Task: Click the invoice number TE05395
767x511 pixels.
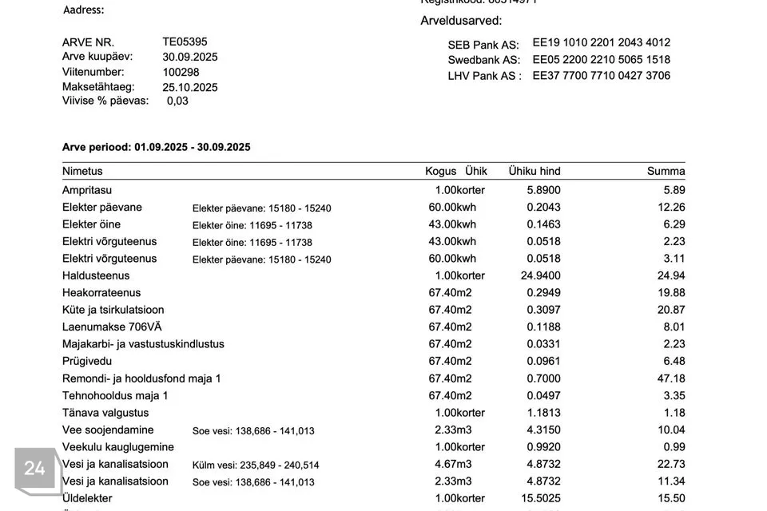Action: tap(185, 42)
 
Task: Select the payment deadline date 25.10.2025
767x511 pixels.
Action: tap(190, 87)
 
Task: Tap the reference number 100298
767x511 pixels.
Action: tap(181, 72)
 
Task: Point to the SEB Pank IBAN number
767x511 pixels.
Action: tap(601, 42)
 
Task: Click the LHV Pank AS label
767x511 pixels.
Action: tap(484, 76)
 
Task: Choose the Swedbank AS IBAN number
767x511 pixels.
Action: tap(601, 59)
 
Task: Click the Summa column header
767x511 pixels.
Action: tap(666, 171)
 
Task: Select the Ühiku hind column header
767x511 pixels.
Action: tap(535, 171)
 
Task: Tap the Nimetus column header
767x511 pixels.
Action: tap(82, 171)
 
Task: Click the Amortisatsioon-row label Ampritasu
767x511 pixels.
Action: tap(87, 190)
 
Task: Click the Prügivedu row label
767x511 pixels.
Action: tap(87, 361)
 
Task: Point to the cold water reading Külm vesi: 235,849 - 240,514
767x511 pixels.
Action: tap(256, 465)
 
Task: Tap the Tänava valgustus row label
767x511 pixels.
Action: tap(105, 413)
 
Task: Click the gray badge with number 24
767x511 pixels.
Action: tap(35, 469)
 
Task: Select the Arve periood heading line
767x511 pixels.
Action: tap(157, 147)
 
